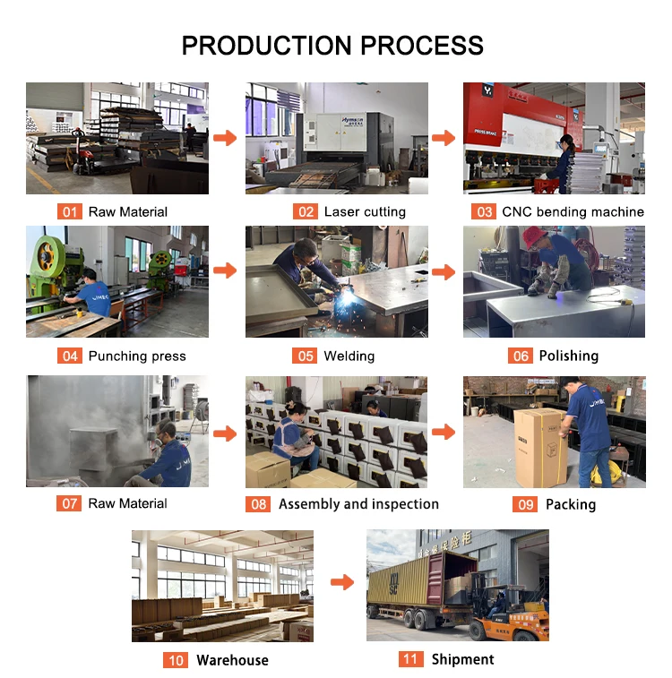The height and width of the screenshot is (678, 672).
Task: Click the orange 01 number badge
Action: click(69, 211)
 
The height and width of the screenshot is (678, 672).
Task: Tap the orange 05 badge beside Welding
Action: click(306, 356)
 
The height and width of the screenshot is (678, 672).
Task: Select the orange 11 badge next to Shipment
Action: click(411, 659)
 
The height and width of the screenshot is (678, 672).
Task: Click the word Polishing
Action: click(568, 356)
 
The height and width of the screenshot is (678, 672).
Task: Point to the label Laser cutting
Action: click(365, 211)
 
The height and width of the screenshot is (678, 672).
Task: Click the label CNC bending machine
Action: click(573, 211)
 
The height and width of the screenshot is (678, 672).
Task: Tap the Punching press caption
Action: click(137, 356)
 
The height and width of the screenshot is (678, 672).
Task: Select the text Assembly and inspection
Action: click(358, 504)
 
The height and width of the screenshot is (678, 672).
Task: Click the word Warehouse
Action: click(232, 660)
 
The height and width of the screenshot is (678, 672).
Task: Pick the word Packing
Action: click(570, 504)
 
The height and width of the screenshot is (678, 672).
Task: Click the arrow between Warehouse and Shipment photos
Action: click(342, 583)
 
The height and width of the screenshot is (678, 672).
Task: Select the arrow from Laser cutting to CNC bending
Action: click(444, 138)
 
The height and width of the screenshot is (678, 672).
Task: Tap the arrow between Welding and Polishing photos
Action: click(444, 271)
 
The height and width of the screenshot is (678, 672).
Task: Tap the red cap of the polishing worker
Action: click(534, 236)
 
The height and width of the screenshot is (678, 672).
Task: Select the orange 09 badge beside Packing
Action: click(525, 504)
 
